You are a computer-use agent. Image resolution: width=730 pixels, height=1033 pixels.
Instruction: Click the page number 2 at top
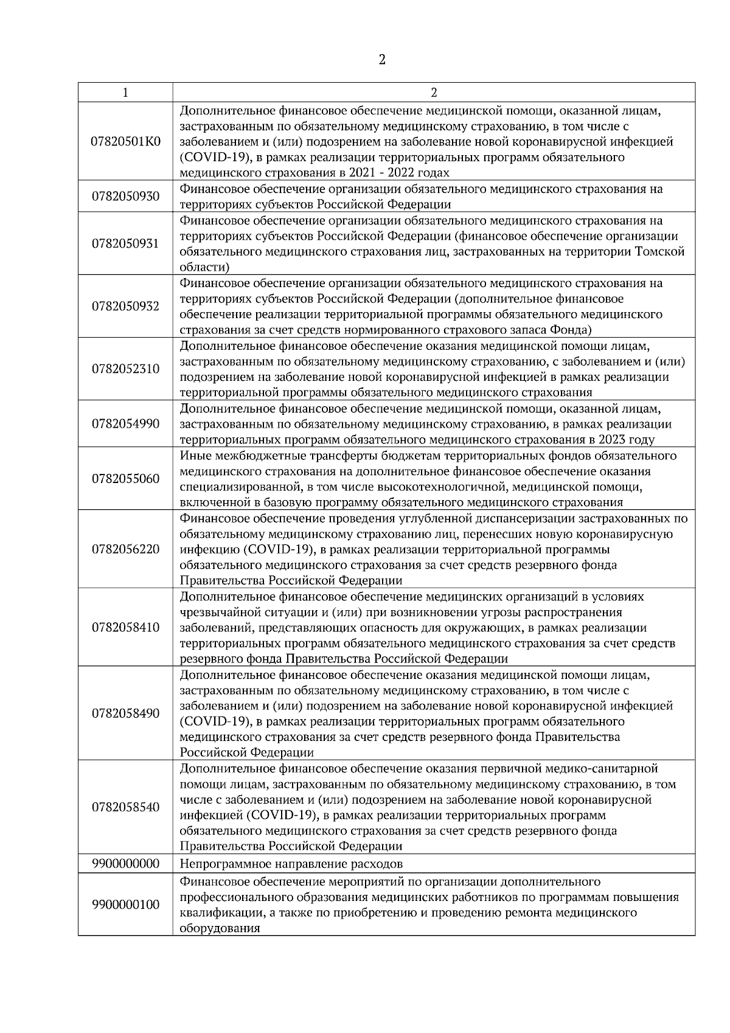382,60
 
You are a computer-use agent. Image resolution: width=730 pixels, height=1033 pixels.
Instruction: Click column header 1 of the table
125,92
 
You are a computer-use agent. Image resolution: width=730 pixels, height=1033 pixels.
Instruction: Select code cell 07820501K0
125,141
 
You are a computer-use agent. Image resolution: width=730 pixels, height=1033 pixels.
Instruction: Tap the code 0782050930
125,196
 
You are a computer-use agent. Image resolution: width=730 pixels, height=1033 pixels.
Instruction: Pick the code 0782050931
125,243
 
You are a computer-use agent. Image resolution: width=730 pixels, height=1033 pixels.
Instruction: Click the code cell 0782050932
125,306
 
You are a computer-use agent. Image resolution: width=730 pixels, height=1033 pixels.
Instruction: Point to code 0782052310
125,369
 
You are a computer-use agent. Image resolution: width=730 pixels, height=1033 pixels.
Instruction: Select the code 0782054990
125,423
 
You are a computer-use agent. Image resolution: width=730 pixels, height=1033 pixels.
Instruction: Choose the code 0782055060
125,478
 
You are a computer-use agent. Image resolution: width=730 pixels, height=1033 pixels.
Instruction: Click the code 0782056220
125,549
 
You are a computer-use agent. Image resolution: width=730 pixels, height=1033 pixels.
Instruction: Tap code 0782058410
125,627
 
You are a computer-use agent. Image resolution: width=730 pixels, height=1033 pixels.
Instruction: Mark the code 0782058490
125,713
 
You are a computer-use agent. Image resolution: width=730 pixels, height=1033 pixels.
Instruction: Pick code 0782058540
125,807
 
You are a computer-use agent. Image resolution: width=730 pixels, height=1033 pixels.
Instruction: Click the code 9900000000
125,863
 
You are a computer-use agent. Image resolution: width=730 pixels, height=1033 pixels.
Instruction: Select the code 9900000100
125,904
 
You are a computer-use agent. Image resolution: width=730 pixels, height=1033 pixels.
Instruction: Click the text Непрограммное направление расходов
291,864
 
